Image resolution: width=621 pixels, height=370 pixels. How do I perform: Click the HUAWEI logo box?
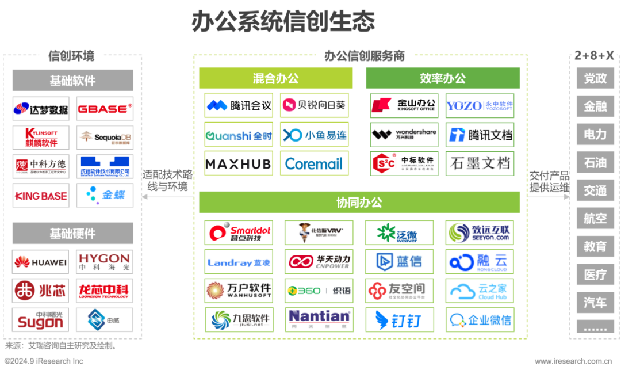tap(40, 262)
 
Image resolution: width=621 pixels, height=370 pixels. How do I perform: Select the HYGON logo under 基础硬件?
tap(105, 262)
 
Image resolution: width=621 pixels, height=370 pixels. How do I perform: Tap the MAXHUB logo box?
tap(238, 164)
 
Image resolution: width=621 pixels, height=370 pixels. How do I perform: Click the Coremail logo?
tap(314, 164)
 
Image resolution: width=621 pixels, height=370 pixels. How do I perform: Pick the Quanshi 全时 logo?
tap(238, 135)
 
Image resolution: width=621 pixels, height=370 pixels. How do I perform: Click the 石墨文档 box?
tap(480, 163)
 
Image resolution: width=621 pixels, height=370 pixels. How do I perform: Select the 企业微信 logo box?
tap(480, 319)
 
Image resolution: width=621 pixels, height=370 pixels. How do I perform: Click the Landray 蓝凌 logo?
tap(239, 262)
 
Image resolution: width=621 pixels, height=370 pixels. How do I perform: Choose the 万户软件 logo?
tap(239, 291)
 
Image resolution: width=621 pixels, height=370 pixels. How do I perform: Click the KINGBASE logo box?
tap(40, 196)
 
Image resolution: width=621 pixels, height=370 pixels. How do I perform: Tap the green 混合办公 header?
tap(275, 78)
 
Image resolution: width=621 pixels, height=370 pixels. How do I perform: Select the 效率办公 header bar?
tap(443, 78)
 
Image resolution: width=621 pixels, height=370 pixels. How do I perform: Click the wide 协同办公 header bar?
tap(359, 203)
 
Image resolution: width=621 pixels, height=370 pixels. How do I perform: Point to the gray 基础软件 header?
tap(72, 81)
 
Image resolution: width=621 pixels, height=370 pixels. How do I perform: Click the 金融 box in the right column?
tap(595, 106)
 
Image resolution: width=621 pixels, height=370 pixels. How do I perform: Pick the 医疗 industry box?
tap(595, 274)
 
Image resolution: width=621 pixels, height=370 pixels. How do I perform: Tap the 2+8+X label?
tap(595, 56)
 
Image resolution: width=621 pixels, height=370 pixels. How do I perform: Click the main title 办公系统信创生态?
tap(283, 21)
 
